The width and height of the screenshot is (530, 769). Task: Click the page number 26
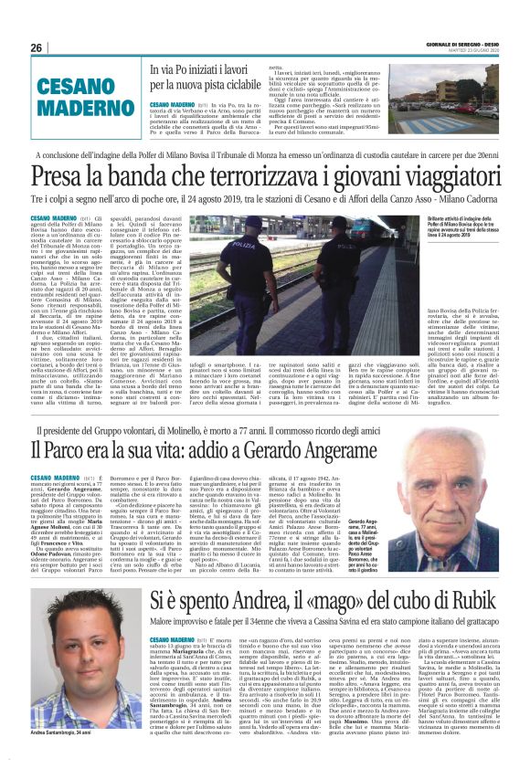tap(37, 48)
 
